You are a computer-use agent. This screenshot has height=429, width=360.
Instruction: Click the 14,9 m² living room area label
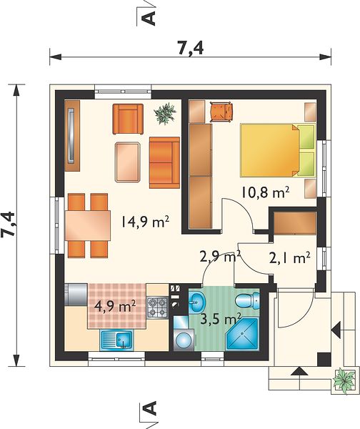(144, 221)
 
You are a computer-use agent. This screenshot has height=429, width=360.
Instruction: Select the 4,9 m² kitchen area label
(114, 307)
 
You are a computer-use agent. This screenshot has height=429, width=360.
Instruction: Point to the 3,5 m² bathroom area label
(220, 318)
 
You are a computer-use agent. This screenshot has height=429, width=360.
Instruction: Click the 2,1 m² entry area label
(289, 257)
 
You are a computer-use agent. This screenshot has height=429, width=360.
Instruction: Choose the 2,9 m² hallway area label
(220, 257)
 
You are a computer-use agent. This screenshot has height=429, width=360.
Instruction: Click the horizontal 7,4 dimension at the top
(191, 49)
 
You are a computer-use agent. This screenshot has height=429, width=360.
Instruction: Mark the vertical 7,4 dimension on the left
(8, 224)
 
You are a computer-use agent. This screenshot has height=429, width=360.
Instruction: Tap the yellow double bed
(277, 150)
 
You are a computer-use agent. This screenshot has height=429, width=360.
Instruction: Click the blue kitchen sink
(116, 340)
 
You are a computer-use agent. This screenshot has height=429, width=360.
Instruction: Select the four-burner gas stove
(157, 307)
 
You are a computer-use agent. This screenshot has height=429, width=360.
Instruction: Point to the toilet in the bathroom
(247, 300)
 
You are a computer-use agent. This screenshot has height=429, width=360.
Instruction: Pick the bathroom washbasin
(198, 302)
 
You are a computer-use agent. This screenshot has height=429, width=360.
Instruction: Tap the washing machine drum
(184, 340)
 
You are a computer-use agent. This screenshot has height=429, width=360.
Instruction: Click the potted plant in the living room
(165, 113)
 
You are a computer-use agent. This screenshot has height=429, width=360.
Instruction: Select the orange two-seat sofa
(164, 163)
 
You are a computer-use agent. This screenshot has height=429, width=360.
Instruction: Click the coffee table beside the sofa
(128, 162)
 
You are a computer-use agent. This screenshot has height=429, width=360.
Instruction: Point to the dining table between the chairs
(87, 226)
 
